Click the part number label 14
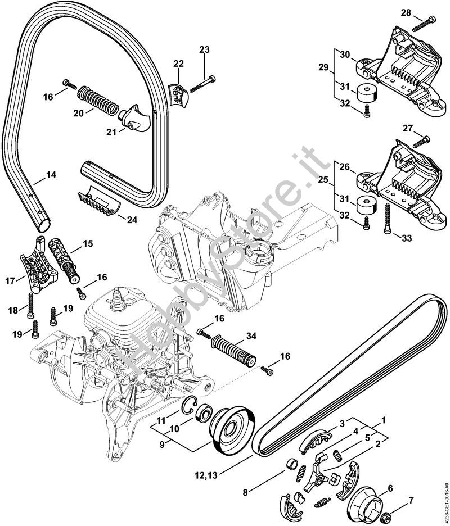pyautogui.click(x=51, y=175)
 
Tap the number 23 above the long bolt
pyautogui.click(x=204, y=50)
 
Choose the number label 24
pyautogui.click(x=131, y=220)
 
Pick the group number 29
pyautogui.click(x=323, y=67)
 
